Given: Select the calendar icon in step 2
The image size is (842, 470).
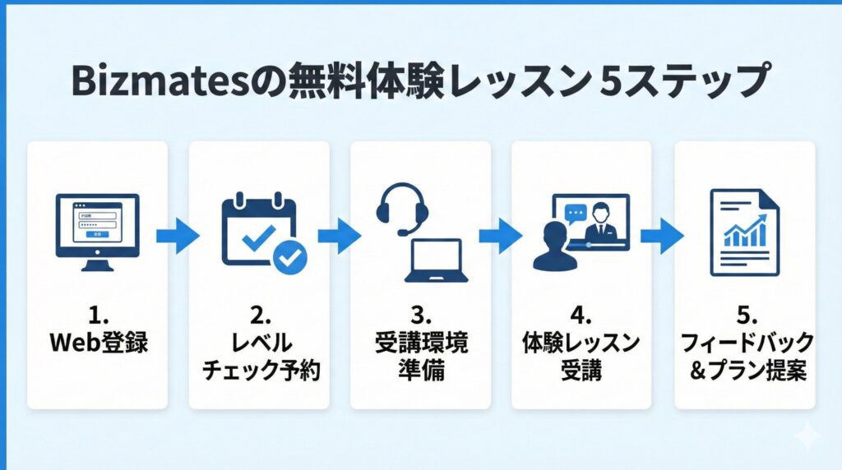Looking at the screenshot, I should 258,231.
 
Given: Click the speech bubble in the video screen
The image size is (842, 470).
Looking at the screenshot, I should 574,210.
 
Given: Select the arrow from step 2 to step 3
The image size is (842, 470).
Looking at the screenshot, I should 339,237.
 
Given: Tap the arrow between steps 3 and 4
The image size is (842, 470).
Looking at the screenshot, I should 500,237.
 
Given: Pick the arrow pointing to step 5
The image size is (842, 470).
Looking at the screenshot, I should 662,237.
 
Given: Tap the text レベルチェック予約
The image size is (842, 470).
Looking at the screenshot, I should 258,356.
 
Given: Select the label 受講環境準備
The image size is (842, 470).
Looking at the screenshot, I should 420,356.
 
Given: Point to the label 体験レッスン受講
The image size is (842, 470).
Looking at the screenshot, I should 581,356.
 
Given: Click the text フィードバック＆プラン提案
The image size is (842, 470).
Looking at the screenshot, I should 744,356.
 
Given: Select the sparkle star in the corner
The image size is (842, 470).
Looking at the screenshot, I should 807,435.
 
